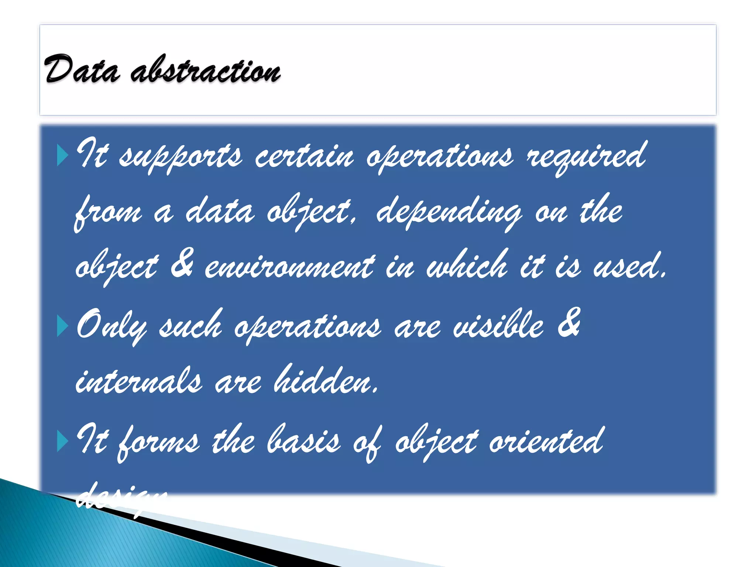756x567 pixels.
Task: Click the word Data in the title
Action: tap(82, 69)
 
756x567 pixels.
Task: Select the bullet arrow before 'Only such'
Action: tap(63, 326)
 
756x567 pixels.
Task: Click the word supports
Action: tap(181, 157)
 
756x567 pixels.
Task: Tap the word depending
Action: tap(449, 212)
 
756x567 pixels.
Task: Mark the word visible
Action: tap(498, 325)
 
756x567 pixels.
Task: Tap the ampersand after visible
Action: tap(569, 323)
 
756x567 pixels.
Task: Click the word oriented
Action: tap(546, 441)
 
